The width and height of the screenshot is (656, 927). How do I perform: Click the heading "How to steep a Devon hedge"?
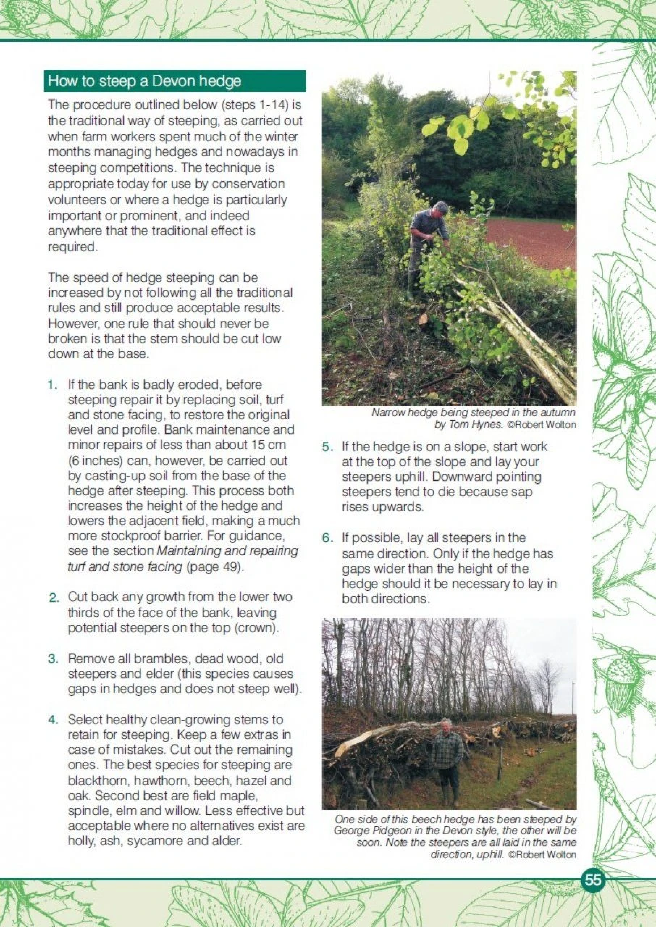tap(144, 80)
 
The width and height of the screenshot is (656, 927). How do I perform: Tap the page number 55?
tap(593, 880)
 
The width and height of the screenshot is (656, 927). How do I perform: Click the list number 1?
tap(52, 385)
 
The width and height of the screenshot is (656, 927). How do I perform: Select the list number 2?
tap(53, 597)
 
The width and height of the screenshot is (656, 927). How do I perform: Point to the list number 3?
tap(53, 659)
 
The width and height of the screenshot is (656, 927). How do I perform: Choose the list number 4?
tap(53, 720)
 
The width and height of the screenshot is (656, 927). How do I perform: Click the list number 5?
tap(327, 447)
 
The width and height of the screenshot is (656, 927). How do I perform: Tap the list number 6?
tap(327, 538)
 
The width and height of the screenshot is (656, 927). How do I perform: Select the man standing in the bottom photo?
tap(447, 757)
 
